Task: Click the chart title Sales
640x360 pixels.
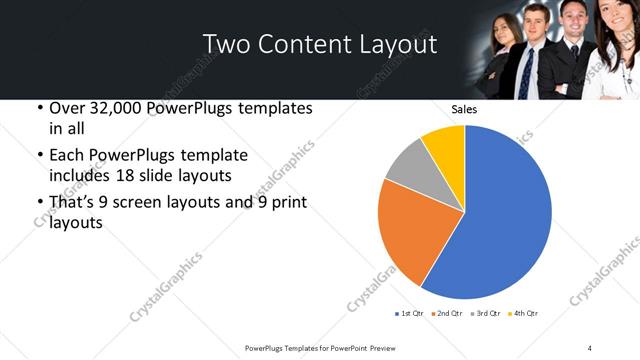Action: pos(464,110)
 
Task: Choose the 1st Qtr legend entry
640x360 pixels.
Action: pos(411,314)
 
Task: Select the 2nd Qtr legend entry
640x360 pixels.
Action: pos(446,314)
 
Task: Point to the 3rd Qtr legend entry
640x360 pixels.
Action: pos(482,314)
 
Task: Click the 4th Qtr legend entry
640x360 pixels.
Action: pos(523,314)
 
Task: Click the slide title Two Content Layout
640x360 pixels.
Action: pos(319,44)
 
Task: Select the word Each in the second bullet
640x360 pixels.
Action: pos(67,155)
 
